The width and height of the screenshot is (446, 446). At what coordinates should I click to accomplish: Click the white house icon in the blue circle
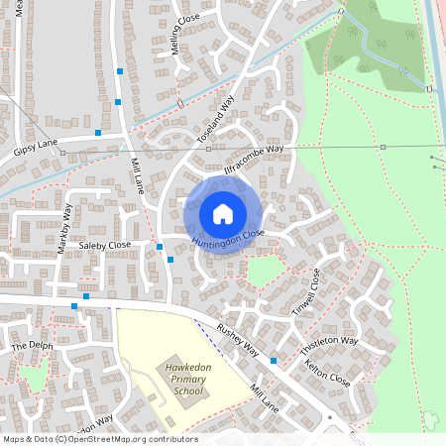tap(223, 213)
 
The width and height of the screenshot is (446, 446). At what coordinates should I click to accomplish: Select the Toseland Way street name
tap(215, 120)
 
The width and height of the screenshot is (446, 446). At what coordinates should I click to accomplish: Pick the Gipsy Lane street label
tap(37, 148)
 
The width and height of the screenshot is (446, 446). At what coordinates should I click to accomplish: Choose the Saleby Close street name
tap(105, 245)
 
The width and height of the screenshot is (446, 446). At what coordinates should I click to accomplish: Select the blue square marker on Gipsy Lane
tap(98, 132)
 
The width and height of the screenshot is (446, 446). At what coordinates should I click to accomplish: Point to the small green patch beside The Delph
tap(34, 379)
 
